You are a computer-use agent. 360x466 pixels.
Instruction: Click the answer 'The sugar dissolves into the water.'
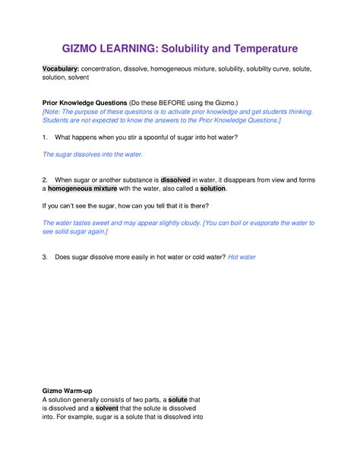92,154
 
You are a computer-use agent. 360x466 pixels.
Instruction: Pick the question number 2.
46,179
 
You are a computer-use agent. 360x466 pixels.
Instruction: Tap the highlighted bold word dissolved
175,179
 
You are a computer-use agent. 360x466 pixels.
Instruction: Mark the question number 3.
46,257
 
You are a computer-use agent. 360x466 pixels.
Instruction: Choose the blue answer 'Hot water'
242,257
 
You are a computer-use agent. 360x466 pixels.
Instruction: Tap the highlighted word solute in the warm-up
178,400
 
